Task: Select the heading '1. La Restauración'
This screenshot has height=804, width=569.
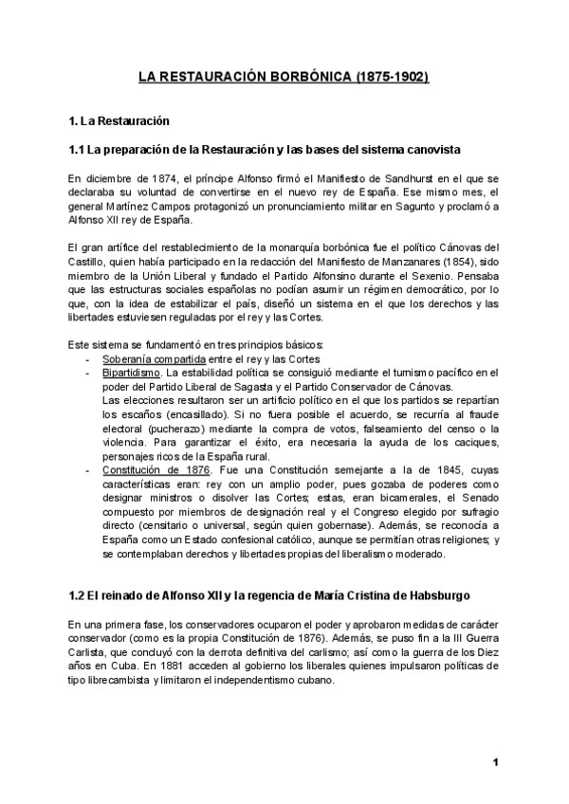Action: (x=119, y=122)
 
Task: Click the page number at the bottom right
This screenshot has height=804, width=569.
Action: (x=495, y=763)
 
